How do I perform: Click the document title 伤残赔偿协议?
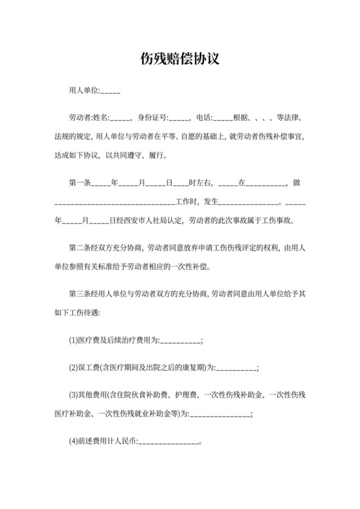coord(180,59)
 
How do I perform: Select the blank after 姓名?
coord(122,119)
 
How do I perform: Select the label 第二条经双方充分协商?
coord(105,247)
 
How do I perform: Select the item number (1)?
coord(73,340)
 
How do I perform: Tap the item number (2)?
coord(73,368)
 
